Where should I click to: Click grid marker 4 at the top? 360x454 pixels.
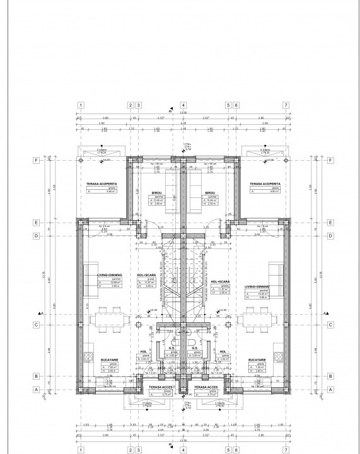(x=183, y=105)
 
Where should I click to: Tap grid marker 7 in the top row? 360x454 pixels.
(x=286, y=105)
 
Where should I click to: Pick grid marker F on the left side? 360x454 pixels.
(x=37, y=160)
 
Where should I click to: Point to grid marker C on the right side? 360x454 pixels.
(x=330, y=325)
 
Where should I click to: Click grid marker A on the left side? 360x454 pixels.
(x=37, y=390)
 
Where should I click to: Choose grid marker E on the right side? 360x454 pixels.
(x=330, y=223)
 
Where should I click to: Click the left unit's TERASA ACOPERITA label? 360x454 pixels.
(x=103, y=184)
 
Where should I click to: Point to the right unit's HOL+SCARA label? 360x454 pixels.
(x=220, y=281)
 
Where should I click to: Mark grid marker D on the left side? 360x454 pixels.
(x=37, y=235)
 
